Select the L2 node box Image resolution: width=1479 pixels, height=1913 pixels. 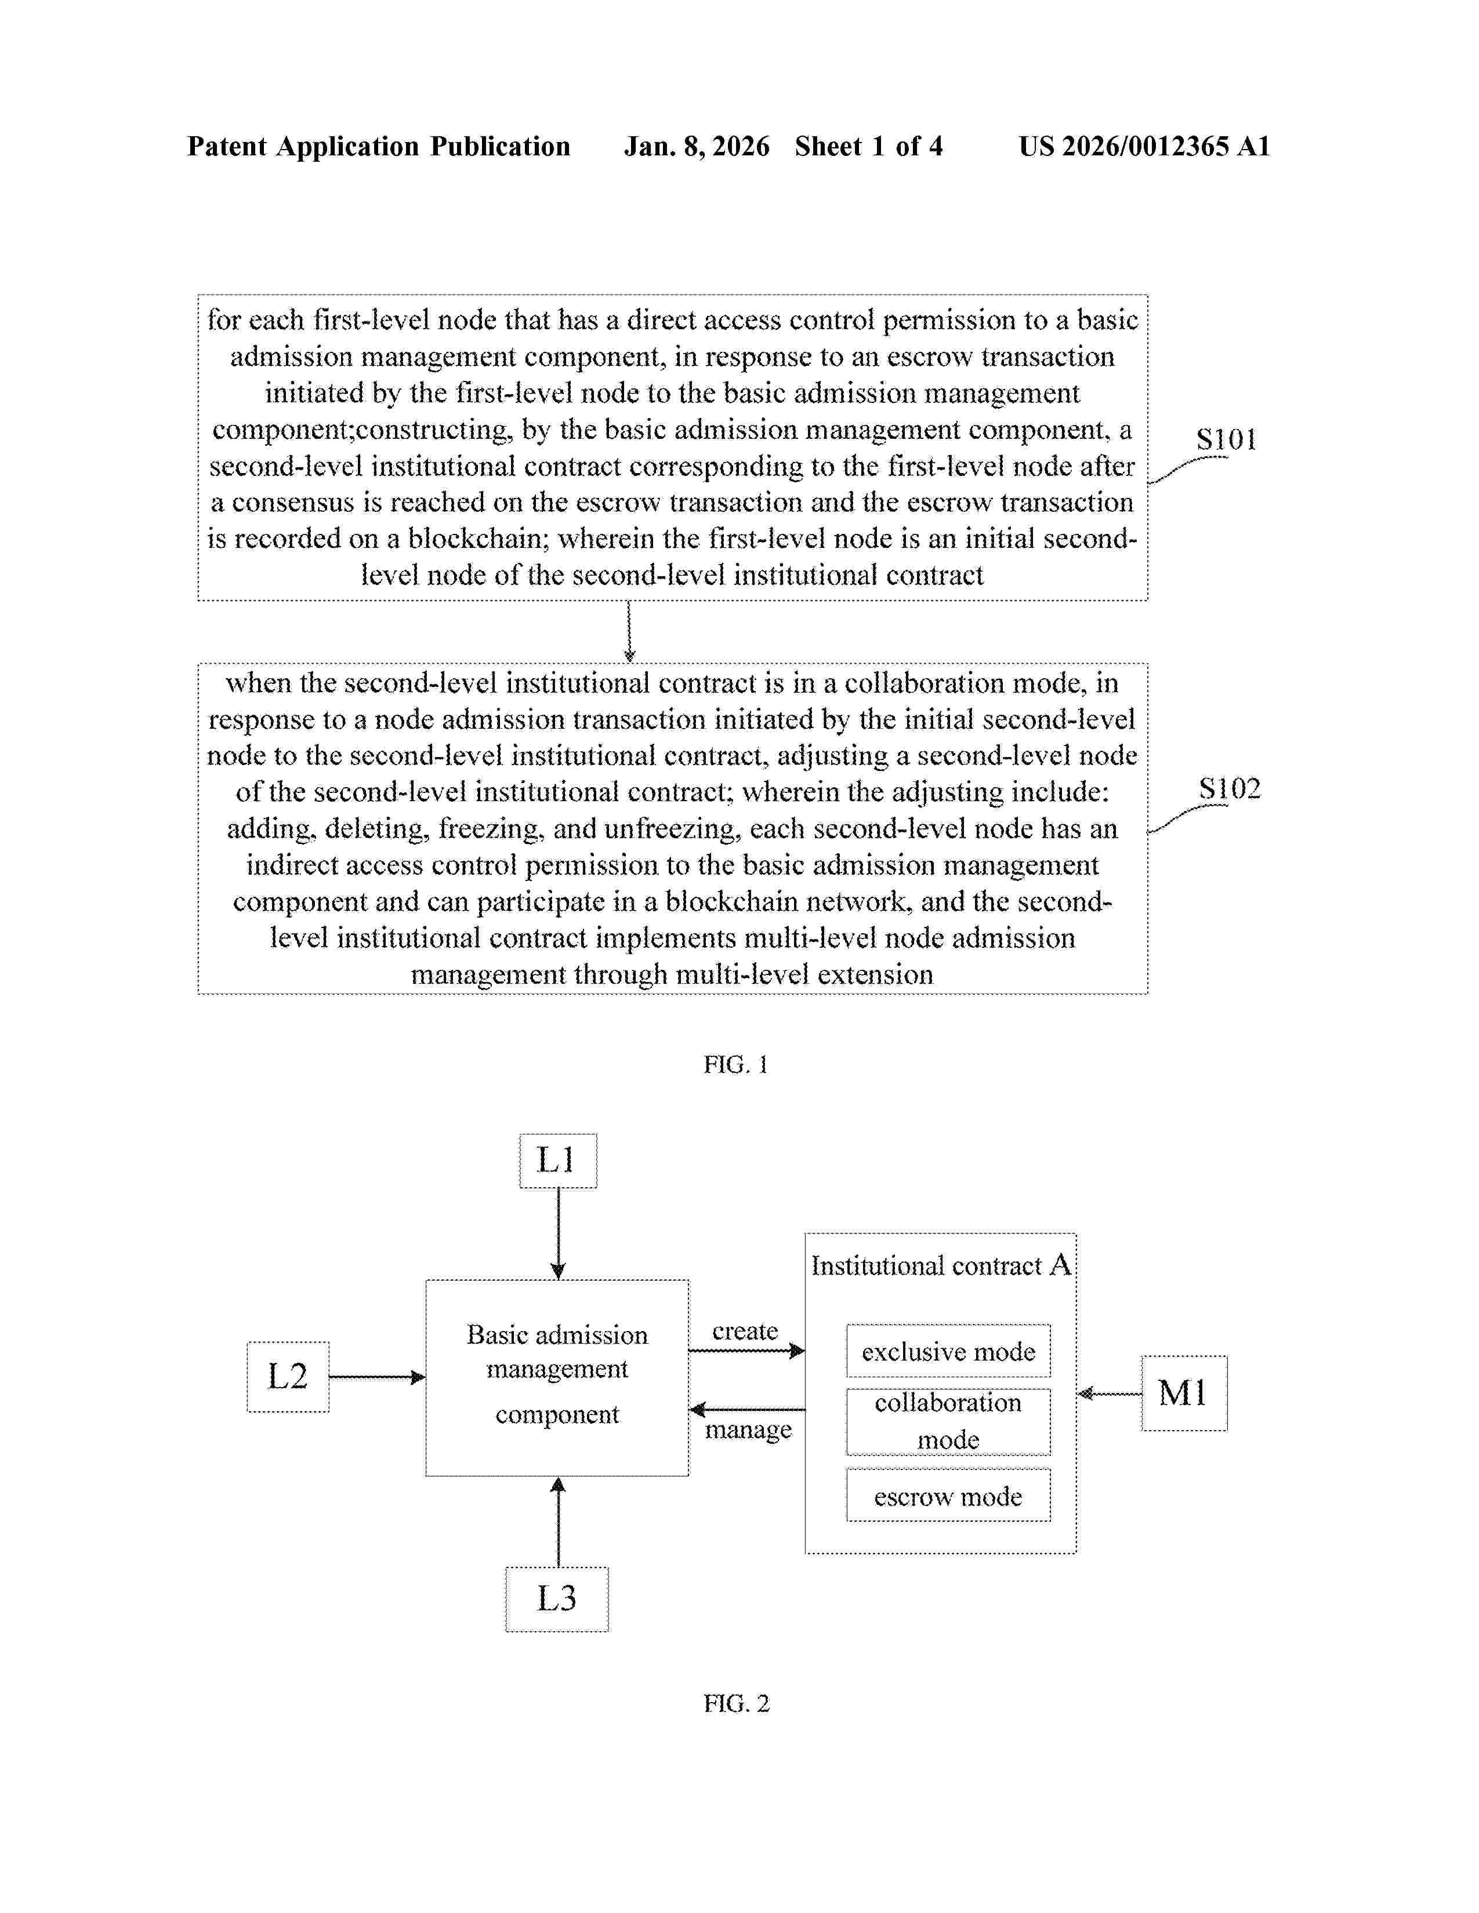pos(288,1377)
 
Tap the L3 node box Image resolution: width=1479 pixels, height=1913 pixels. pos(557,1599)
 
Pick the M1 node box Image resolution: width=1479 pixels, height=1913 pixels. pos(1184,1394)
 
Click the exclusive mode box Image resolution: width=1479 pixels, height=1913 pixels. pos(948,1351)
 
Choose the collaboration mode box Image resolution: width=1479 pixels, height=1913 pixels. pos(948,1421)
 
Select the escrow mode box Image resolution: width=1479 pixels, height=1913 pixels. pos(948,1496)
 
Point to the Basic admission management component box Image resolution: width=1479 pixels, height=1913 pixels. pos(557,1377)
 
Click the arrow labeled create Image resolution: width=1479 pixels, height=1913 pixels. pos(746,1351)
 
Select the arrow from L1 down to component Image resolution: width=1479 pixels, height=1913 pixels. pos(558,1233)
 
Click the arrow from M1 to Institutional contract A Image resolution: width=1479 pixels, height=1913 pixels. pos(1109,1394)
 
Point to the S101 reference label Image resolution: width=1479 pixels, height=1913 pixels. pos(1226,439)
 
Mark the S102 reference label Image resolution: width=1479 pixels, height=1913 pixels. pos(1229,789)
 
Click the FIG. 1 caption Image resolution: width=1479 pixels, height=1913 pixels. pos(736,1064)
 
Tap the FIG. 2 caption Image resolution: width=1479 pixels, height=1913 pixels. pos(736,1704)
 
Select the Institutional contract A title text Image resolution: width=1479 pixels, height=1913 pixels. pos(940,1265)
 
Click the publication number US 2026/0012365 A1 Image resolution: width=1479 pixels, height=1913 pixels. pos(1143,146)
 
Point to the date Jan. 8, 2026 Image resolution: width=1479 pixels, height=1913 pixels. pos(697,146)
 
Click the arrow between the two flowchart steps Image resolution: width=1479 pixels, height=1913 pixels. pos(629,631)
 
